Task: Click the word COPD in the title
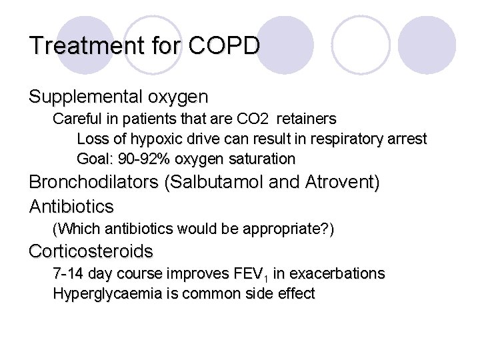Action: tap(225, 46)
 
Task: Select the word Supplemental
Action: tap(84, 97)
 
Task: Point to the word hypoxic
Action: tap(161, 139)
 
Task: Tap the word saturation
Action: tap(262, 159)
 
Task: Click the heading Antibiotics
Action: tap(71, 206)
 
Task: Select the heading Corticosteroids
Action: tap(91, 252)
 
